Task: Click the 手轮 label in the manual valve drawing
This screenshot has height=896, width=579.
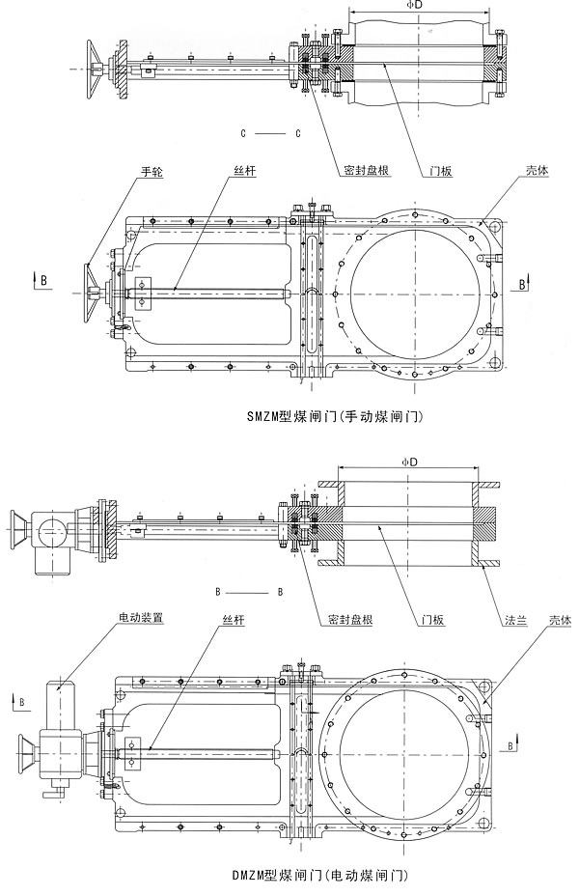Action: coord(152,172)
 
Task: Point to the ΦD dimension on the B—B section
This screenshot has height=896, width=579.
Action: coord(408,463)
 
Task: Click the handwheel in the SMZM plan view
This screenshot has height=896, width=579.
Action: coord(91,287)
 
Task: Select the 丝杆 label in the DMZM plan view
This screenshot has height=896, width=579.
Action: coord(234,618)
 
